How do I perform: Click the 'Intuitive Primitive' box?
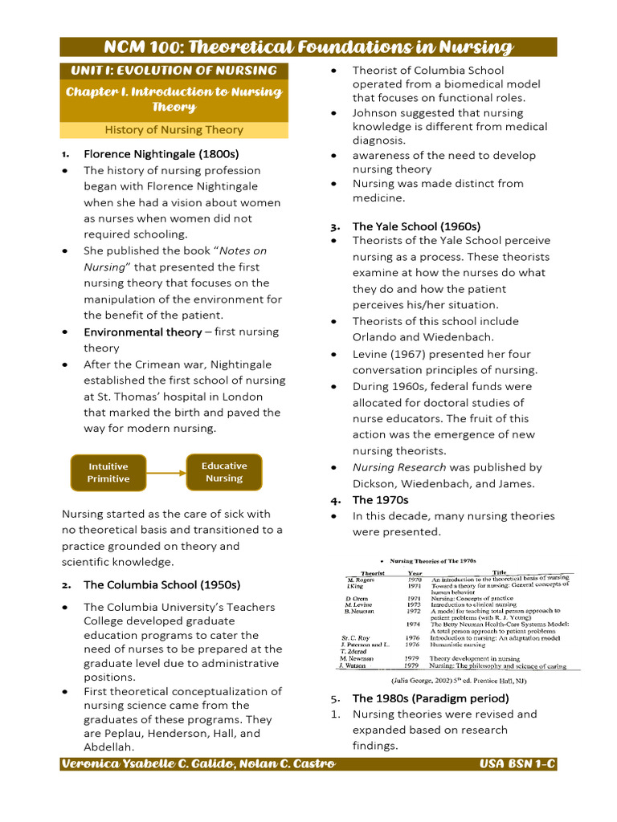click(108, 472)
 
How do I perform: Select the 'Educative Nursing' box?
click(224, 472)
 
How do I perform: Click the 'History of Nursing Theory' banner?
click(174, 130)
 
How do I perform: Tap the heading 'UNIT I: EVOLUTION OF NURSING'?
click(174, 71)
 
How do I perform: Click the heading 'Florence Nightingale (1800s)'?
click(161, 153)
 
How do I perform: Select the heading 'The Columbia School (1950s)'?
click(161, 584)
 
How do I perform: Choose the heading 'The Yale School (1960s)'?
click(416, 226)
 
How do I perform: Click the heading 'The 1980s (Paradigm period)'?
click(431, 698)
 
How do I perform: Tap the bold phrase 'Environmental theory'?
click(142, 332)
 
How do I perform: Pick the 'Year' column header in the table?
click(415, 573)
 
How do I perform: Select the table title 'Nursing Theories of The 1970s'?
click(433, 561)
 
